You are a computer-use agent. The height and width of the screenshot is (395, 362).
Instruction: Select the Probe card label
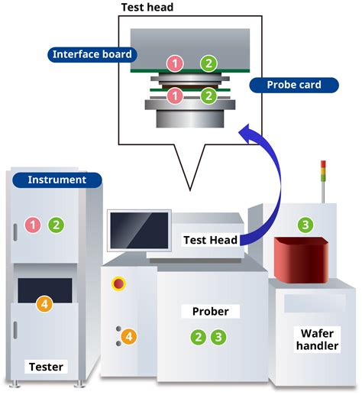point(293,85)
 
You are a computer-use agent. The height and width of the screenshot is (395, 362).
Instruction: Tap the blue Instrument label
point(57,180)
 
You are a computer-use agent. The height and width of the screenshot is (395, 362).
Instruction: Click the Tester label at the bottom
point(45,366)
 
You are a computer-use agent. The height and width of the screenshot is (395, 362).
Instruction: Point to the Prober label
point(210,312)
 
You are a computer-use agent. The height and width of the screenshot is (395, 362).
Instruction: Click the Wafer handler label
point(315,340)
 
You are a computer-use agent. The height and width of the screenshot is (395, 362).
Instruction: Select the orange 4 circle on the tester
point(45,304)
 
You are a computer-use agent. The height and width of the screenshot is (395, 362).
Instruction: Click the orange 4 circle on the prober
point(129,335)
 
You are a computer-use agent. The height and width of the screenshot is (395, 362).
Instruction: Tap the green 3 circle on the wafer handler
point(305,225)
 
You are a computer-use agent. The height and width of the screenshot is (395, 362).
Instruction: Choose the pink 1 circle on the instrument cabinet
point(33,225)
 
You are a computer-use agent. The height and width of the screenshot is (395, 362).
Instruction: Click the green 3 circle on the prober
point(219,336)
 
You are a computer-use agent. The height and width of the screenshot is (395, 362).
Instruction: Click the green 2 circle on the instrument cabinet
point(56,225)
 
